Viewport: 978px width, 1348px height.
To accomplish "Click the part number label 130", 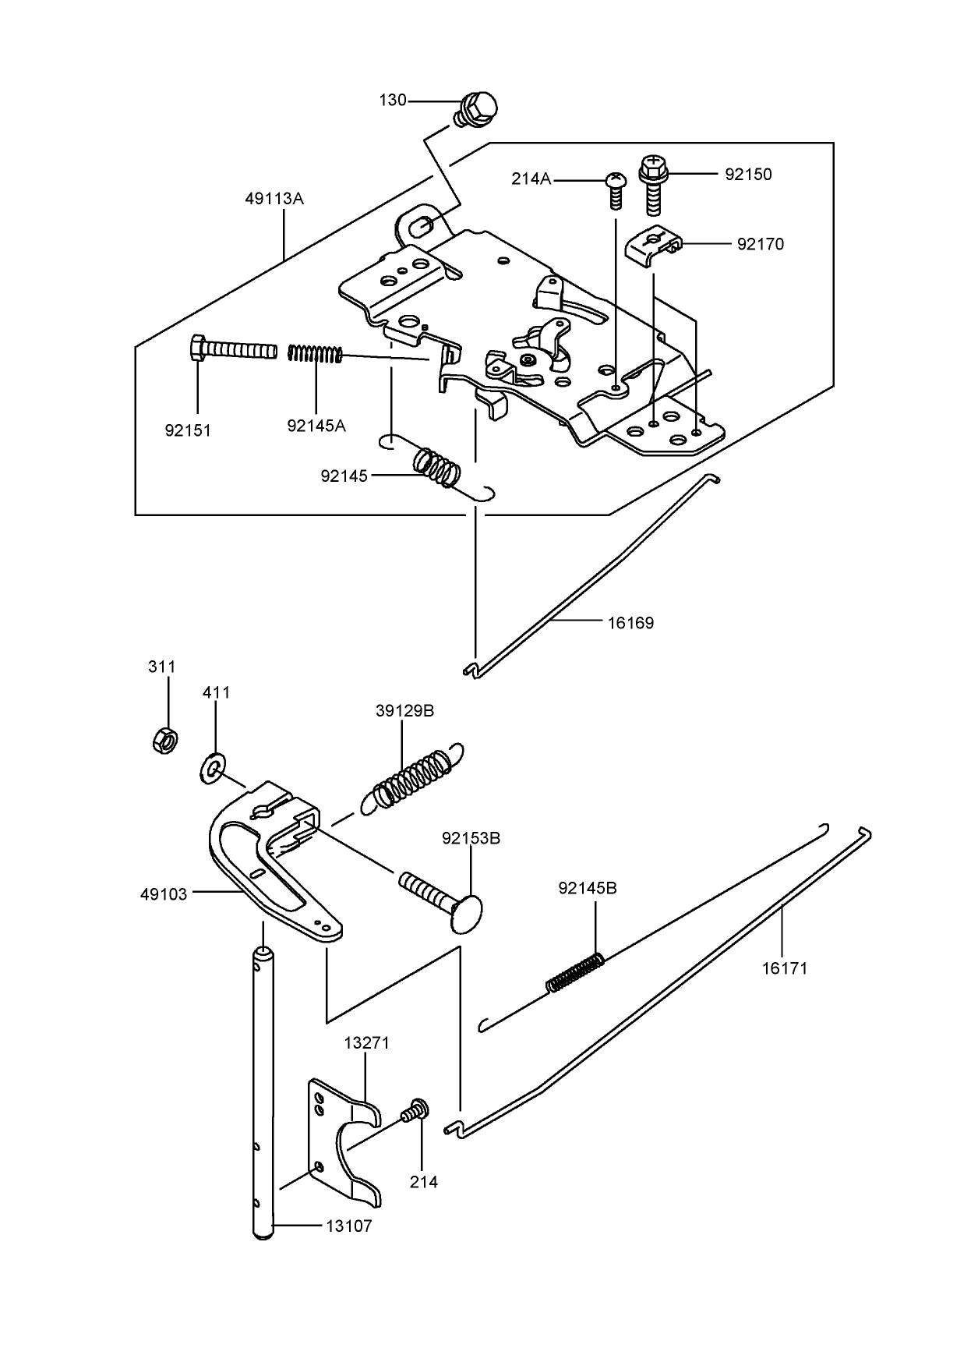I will (x=393, y=101).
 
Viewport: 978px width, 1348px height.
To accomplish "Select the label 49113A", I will (x=274, y=199).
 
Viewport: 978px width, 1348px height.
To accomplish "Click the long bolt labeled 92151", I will (x=234, y=348).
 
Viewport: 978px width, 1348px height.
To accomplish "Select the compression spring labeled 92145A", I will (x=315, y=354).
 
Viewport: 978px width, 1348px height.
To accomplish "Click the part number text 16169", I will (x=630, y=623).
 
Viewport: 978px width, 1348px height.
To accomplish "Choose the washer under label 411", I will (x=213, y=767).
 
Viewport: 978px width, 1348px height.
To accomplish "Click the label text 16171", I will (x=785, y=969).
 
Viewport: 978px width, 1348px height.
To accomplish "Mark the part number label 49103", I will (x=164, y=894).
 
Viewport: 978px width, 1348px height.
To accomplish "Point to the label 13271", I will (x=366, y=1042).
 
